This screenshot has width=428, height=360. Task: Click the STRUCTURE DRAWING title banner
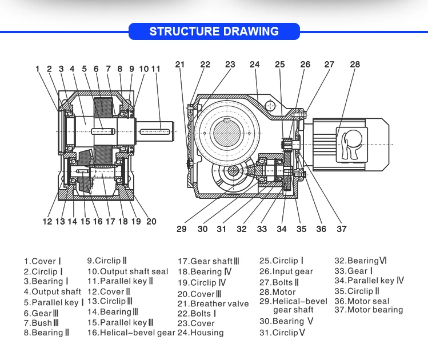pos(214,31)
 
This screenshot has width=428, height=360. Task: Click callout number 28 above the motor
pos(355,65)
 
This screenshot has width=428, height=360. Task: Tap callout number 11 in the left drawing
pos(155,69)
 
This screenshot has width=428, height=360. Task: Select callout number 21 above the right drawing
pos(181,65)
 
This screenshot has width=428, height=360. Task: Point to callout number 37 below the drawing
pos(341,229)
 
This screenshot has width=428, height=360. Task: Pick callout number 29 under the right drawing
pos(181,229)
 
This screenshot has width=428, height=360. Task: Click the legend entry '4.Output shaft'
pos(52,291)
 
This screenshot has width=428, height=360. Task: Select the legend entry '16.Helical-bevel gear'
pos(131,333)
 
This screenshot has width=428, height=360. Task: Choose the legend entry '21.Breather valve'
pos(213,304)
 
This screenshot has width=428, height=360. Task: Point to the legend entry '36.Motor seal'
pos(362,301)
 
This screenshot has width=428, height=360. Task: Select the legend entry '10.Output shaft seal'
pos(127,271)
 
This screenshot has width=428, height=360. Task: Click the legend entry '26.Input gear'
pos(286,271)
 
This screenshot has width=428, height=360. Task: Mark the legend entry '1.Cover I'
pos(42,261)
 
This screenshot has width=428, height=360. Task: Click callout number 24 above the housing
pos(255,65)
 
